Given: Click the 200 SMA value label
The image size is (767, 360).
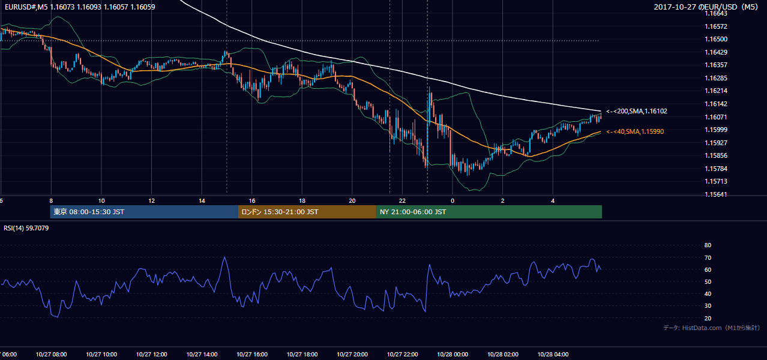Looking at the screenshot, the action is [x=637, y=111].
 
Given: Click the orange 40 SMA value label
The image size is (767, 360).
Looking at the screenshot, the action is [x=635, y=131].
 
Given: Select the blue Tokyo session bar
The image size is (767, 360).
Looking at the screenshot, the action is [x=144, y=212].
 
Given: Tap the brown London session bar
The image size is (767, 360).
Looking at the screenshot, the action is [x=307, y=212].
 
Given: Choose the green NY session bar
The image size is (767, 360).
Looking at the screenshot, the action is [x=489, y=212].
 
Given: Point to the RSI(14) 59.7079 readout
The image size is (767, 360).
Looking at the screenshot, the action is [x=26, y=228].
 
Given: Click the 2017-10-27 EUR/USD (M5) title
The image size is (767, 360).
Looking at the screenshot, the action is [x=706, y=7].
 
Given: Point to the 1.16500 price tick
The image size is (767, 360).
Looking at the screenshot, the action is [x=716, y=39].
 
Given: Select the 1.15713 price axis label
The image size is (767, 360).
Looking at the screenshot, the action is [x=716, y=181].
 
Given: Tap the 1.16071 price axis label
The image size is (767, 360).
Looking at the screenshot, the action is [x=716, y=117].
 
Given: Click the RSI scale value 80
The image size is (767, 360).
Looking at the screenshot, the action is [x=708, y=245].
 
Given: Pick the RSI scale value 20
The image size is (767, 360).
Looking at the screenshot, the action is [x=708, y=318].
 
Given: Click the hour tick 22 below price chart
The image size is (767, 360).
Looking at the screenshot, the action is [x=402, y=201].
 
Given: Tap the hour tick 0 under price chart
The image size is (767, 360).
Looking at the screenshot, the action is [x=453, y=201].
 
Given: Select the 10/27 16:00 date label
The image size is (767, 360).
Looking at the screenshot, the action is [x=252, y=355].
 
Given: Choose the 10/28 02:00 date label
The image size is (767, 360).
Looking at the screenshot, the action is [x=503, y=355].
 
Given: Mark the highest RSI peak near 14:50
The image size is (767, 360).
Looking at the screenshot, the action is [x=224, y=257].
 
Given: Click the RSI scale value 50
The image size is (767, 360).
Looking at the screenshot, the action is [x=708, y=281].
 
